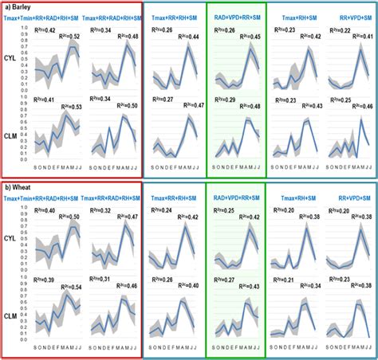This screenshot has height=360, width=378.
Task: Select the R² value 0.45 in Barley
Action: click(x=256, y=36)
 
